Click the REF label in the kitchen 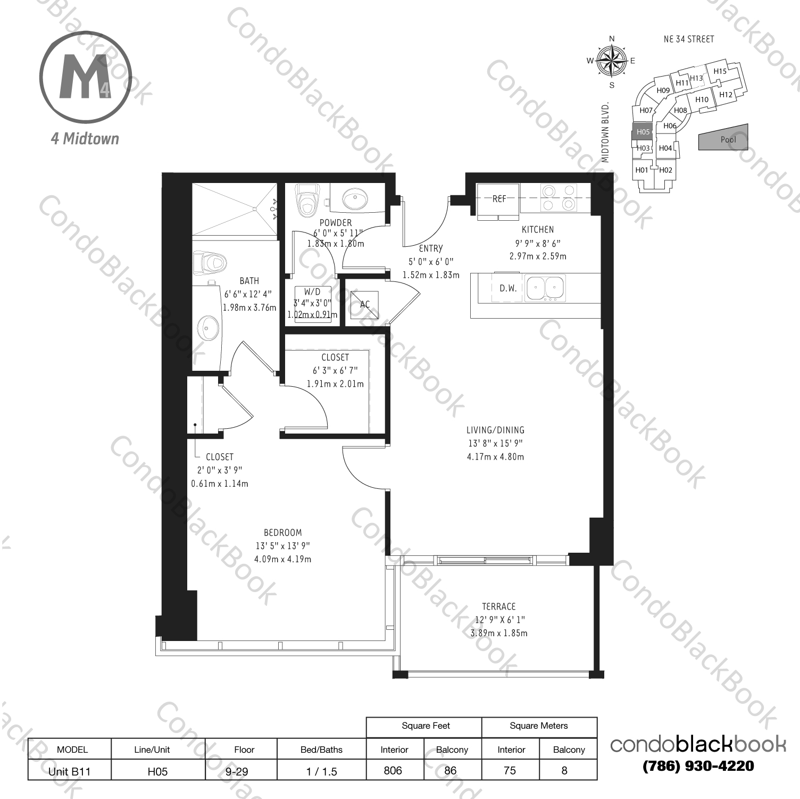pyautogui.click(x=498, y=199)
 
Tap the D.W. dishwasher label pyautogui.click(x=508, y=288)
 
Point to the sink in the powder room pyautogui.click(x=354, y=199)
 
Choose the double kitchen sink pyautogui.click(x=544, y=288)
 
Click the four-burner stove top pyautogui.click(x=558, y=197)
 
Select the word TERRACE pyautogui.click(x=498, y=606)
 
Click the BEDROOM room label pyautogui.click(x=282, y=532)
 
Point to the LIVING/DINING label pyautogui.click(x=495, y=430)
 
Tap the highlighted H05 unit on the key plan pyautogui.click(x=643, y=132)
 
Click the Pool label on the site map pyautogui.click(x=728, y=139)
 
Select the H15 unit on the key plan pyautogui.click(x=720, y=71)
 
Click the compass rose pyautogui.click(x=612, y=61)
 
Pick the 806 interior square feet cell pyautogui.click(x=393, y=770)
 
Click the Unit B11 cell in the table pyautogui.click(x=69, y=771)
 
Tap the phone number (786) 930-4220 pyautogui.click(x=698, y=766)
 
